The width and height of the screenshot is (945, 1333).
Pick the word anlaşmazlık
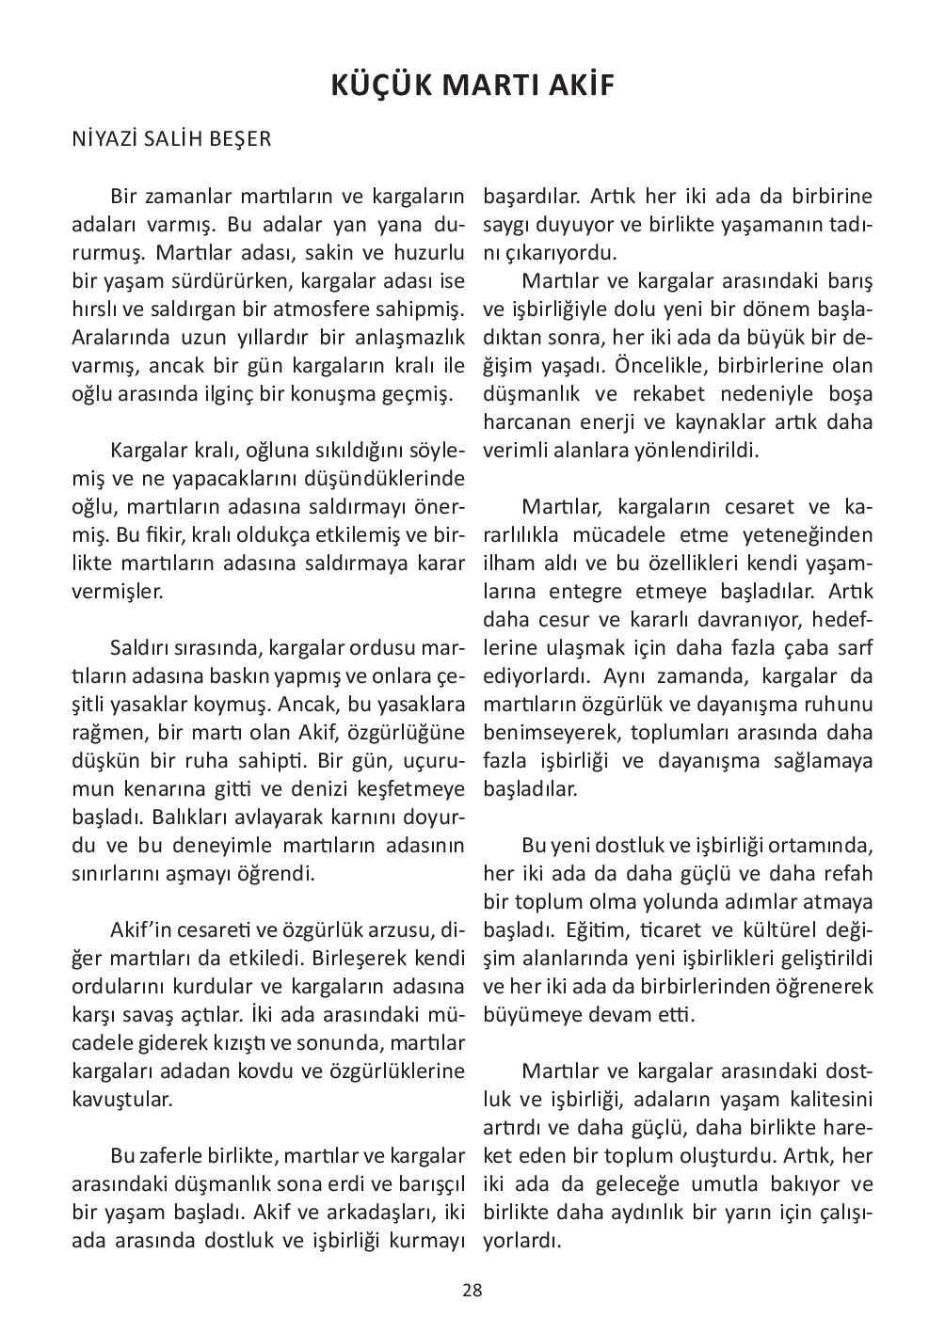414,338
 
